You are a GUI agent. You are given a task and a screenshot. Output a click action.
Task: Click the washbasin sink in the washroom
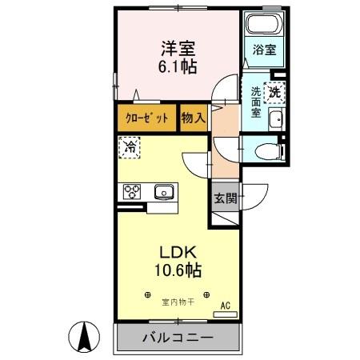pyautogui.click(x=275, y=120)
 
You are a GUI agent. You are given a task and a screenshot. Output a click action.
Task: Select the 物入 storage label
pyautogui.click(x=193, y=118)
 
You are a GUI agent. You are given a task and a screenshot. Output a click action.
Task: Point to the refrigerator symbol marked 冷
pyautogui.click(x=130, y=146)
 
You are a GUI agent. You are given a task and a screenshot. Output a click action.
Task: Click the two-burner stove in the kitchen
pyautogui.click(x=132, y=191)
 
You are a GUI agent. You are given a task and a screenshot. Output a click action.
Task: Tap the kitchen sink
pyautogui.click(x=165, y=191)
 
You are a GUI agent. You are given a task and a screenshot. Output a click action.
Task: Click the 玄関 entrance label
pyautogui.click(x=225, y=197)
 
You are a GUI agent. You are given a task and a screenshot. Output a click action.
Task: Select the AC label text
pyautogui.click(x=225, y=305)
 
